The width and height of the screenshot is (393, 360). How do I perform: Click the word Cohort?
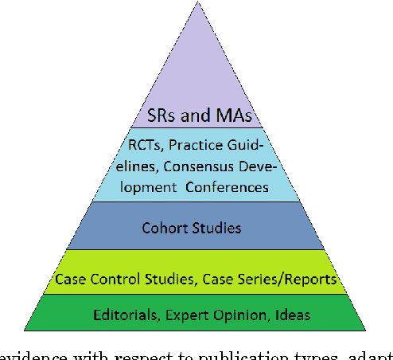(x=166, y=229)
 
